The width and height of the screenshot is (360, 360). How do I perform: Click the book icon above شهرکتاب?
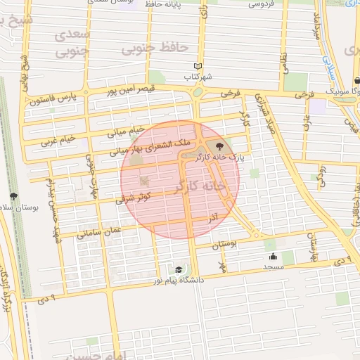click(x=198, y=65)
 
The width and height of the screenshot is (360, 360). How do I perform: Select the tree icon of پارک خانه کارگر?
click(x=221, y=147)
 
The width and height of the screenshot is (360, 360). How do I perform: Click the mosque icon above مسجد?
click(x=272, y=257)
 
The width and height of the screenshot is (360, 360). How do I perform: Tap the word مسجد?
click(x=272, y=267)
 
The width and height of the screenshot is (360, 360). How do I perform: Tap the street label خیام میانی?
click(x=126, y=131)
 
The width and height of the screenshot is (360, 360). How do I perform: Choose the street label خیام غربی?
click(x=58, y=141)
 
